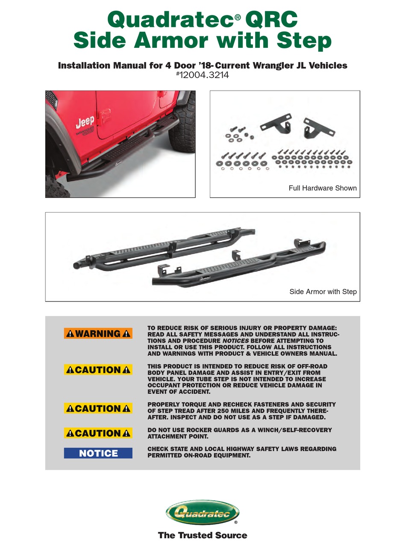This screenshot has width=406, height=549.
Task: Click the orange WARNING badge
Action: coord(98,334)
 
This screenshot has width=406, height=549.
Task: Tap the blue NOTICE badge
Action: coord(98,453)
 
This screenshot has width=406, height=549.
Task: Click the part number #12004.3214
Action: coord(203,75)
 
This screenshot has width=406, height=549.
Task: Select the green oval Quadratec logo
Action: coord(203,512)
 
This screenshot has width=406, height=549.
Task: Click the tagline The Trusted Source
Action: coord(203,535)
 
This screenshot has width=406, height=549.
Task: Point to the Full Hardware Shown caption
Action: coord(322,188)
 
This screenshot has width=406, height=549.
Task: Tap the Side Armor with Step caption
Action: coord(323,292)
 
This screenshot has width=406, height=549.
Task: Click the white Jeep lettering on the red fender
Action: coord(85,123)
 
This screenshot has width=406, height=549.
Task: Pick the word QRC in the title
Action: coord(271,20)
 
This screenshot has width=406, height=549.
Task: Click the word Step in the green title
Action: coord(304,41)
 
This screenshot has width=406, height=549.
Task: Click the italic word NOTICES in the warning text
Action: coord(235,341)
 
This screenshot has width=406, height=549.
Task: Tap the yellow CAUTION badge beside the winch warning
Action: coord(98,433)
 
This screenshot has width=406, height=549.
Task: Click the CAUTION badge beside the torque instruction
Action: coord(98,408)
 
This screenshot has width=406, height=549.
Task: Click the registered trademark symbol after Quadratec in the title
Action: coord(238,17)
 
